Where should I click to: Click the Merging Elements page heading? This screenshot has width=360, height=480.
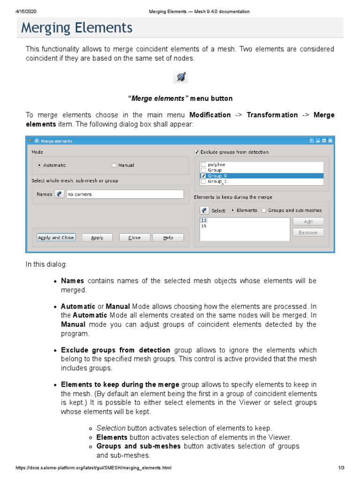77,28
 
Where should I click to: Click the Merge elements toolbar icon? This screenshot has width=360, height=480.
180,77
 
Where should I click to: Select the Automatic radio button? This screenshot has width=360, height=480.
39,165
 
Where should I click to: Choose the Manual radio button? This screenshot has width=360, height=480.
114,165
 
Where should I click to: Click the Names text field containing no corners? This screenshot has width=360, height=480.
125,194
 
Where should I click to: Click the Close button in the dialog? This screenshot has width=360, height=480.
135,238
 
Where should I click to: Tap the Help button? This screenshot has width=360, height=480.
168,238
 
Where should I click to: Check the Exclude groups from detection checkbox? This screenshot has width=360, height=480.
197,152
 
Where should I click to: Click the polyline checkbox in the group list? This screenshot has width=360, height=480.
203,165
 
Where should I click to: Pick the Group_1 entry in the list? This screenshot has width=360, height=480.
217,181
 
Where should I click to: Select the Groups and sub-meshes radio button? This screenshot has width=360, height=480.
264,210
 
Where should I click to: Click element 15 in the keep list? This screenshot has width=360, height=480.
203,226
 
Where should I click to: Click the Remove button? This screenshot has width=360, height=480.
308,232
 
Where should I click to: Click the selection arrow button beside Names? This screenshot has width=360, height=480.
59,194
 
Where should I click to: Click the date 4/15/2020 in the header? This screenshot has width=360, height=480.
26,11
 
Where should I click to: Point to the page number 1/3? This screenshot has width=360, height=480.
341,468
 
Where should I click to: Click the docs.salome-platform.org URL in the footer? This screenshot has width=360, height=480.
94,468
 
